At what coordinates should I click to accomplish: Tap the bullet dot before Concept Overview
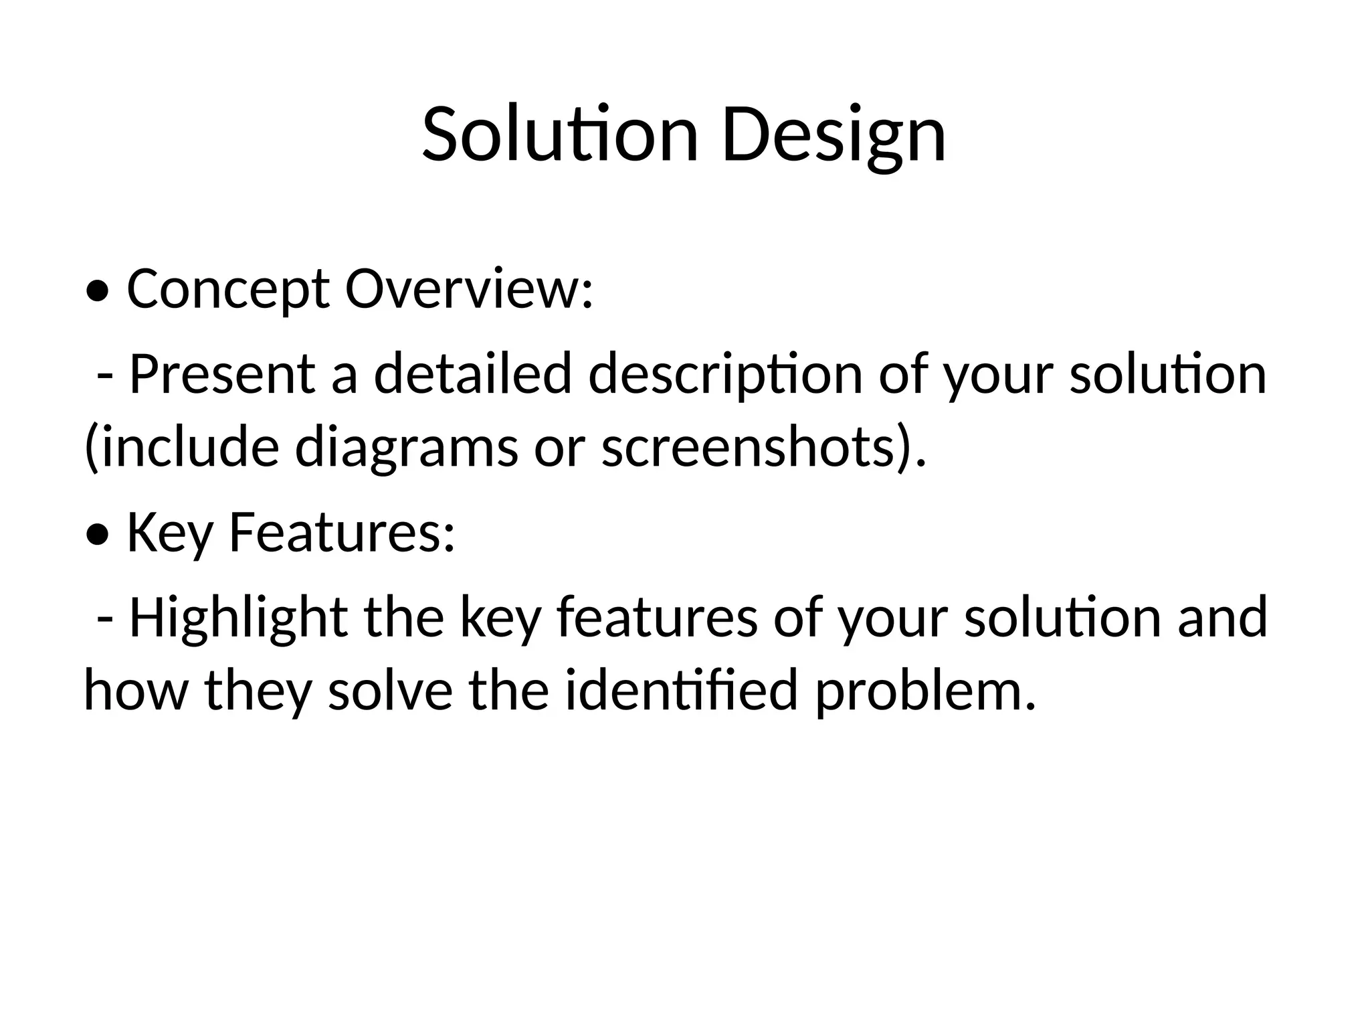[98, 292]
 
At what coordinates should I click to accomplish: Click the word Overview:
[469, 289]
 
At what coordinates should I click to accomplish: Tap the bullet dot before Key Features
[98, 535]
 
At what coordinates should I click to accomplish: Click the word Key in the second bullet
[170, 533]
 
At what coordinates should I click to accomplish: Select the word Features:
[342, 533]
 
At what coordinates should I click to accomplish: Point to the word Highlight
[238, 617]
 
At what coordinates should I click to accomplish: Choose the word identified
[682, 690]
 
